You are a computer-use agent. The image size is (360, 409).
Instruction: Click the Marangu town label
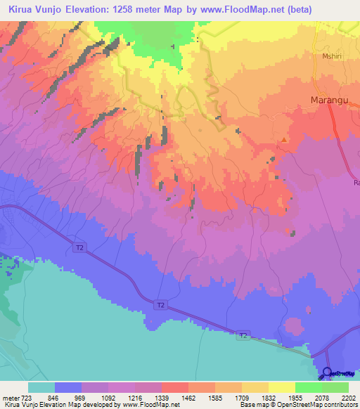click(x=329, y=100)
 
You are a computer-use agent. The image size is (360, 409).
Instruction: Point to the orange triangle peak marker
click(x=283, y=140)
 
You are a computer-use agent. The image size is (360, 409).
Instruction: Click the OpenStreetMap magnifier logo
click(x=328, y=372)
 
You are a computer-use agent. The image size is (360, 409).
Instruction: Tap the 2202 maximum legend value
click(x=348, y=398)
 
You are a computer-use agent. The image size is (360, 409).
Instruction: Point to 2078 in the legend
click(x=322, y=398)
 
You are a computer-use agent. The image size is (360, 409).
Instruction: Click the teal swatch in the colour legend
click(x=41, y=387)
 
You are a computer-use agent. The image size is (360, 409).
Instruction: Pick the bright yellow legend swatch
click(x=281, y=387)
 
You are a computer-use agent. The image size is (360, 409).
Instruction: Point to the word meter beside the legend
click(x=10, y=398)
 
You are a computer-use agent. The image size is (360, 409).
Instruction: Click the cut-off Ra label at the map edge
click(x=356, y=183)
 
